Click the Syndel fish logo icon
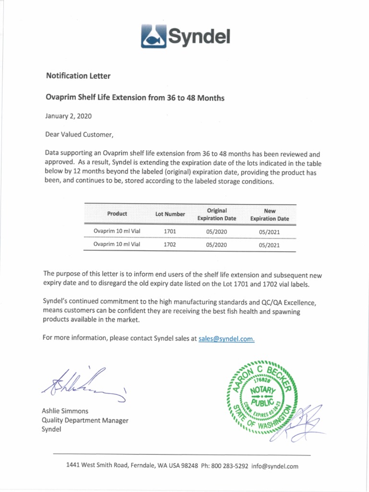[x=153, y=37]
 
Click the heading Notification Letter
[x=78, y=76]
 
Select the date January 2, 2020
[x=68, y=116]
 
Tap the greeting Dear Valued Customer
[x=79, y=134]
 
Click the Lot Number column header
[x=170, y=214]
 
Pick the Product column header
[x=117, y=214]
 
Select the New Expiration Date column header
[x=270, y=214]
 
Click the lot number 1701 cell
[x=170, y=232]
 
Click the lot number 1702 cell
[x=170, y=245]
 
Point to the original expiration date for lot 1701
[x=216, y=232]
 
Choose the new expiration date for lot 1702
[x=269, y=245]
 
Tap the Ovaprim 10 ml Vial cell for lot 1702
[x=117, y=245]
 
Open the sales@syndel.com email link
[x=226, y=338]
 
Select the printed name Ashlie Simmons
[x=65, y=411]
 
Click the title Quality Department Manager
[x=85, y=420]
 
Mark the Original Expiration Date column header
[x=217, y=214]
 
